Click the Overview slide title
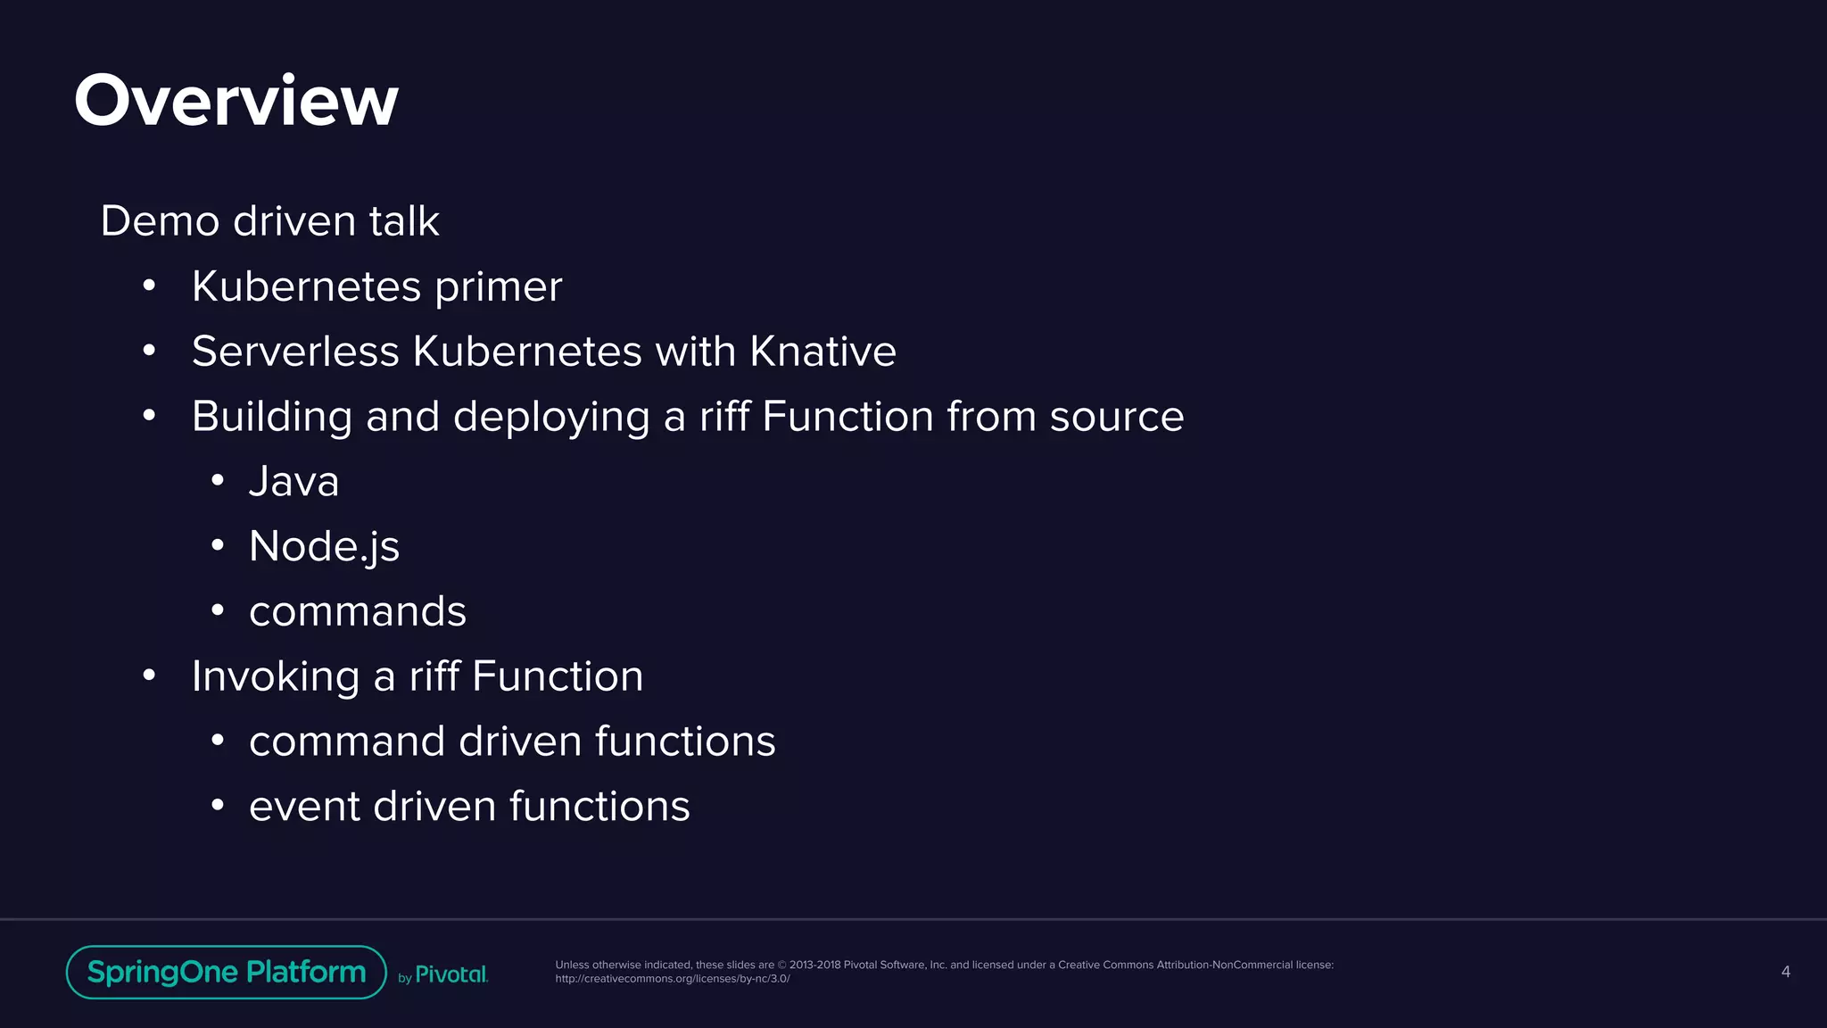(x=236, y=101)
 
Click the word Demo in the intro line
(x=160, y=221)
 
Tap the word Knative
(x=823, y=352)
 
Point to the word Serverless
(x=295, y=352)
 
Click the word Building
(x=272, y=417)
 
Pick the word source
(x=1117, y=417)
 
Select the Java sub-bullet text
(x=293, y=482)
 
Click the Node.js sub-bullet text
(x=324, y=546)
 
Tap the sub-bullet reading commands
(x=358, y=612)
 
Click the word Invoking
(x=276, y=676)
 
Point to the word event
(x=303, y=807)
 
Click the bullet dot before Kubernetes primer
(x=149, y=286)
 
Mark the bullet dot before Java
(x=218, y=481)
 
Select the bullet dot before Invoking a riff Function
(x=149, y=676)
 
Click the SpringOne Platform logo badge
(x=227, y=972)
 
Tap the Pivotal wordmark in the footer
(x=451, y=974)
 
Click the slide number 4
(x=1785, y=972)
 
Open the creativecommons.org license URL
(x=673, y=979)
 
